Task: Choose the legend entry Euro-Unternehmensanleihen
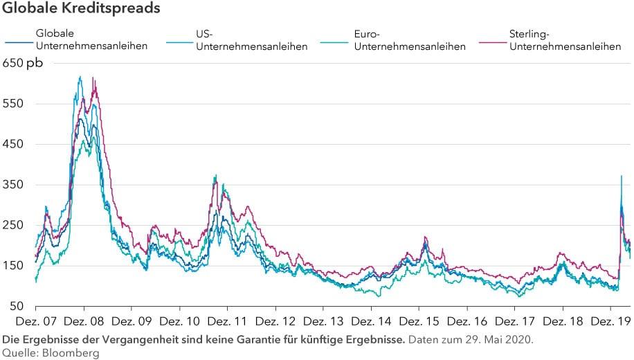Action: [409, 40]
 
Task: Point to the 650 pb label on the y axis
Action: [22, 64]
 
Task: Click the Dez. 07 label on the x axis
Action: [35, 322]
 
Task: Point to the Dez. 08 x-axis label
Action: [83, 322]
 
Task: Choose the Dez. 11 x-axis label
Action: [227, 322]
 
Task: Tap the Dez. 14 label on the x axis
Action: [370, 322]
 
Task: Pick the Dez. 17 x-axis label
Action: [514, 322]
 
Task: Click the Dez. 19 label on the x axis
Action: [610, 322]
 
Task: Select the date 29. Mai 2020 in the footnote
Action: [500, 339]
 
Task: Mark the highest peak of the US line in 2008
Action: [80, 77]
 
